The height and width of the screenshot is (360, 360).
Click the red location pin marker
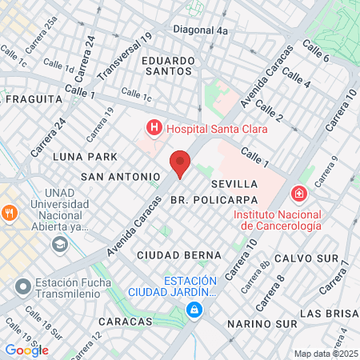181,162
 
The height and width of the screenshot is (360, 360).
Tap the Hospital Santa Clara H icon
152,128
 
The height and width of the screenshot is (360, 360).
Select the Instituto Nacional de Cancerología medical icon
298,194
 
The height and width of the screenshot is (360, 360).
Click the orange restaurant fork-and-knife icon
10,213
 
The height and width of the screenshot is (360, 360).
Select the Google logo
26,350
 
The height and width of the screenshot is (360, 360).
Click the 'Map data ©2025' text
325,354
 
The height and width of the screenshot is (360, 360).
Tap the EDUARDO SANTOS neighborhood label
169,66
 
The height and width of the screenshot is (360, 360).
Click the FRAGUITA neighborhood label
34,99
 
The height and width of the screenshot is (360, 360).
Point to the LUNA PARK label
85,156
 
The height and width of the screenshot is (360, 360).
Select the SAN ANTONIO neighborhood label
122,175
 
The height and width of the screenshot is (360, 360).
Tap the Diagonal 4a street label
201,30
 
